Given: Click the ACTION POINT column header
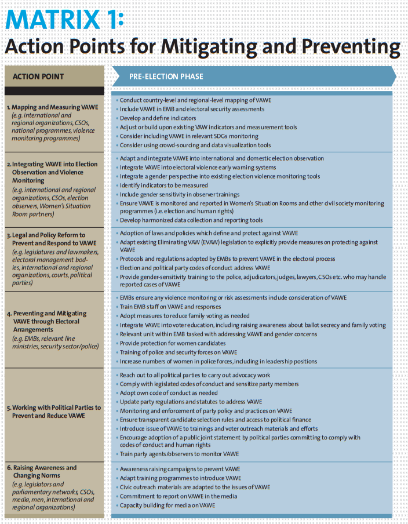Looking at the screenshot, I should pyautogui.click(x=38, y=77).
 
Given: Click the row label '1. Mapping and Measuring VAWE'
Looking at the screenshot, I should pyautogui.click(x=52, y=107).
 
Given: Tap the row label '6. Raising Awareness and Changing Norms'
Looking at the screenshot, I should pyautogui.click(x=42, y=471).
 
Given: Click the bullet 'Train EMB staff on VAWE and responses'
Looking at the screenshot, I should pyautogui.click(x=170, y=307).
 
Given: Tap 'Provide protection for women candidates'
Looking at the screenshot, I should pyautogui.click(x=172, y=343).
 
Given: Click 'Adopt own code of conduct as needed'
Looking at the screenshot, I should pyautogui.click(x=169, y=392).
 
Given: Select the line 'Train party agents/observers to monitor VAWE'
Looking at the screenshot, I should pyautogui.click(x=179, y=454).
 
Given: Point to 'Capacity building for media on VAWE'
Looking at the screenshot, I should pyautogui.click(x=167, y=505).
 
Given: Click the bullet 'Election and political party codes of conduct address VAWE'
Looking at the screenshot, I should pyautogui.click(x=195, y=268).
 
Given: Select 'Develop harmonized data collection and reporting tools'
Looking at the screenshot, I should pyautogui.click(x=191, y=220).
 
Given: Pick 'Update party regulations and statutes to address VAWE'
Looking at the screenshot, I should pyautogui.click(x=191, y=402).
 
